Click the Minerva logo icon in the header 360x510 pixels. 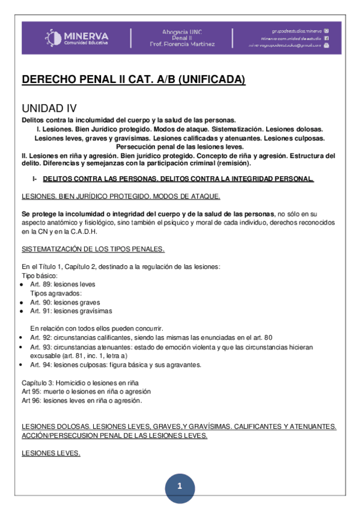coord(52,38)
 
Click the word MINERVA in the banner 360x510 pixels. coord(85,35)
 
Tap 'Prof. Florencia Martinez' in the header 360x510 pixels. coord(182,44)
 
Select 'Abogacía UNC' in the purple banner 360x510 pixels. coord(181,31)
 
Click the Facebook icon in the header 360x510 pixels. coord(326,37)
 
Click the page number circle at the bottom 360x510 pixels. coord(178,486)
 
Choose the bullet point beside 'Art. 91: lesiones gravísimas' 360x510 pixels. coord(22,311)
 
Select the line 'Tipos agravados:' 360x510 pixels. coord(56,293)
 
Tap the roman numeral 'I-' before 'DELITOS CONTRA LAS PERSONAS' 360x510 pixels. coord(35,179)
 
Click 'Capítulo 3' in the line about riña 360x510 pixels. coord(38,382)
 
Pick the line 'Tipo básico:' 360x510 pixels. coord(40,275)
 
